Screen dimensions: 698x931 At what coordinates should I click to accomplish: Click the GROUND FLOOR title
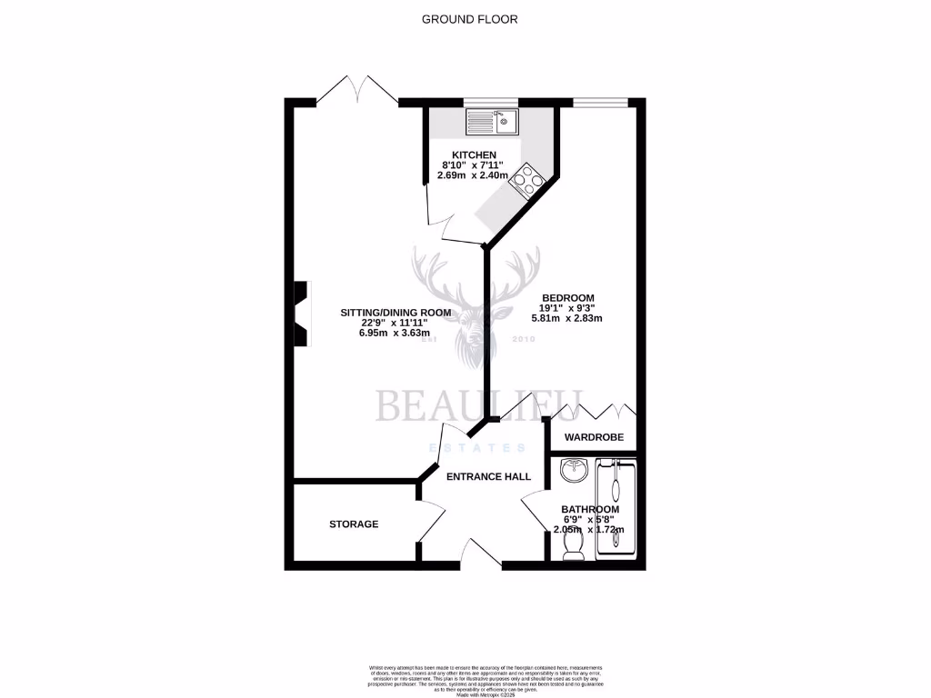470,18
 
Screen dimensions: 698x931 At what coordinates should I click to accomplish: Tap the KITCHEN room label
476,155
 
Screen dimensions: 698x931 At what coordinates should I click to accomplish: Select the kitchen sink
491,121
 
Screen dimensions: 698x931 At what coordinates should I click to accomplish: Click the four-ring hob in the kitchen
528,180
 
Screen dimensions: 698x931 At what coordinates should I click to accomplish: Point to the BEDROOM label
568,298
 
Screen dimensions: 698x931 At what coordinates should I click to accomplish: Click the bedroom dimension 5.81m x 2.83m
568,319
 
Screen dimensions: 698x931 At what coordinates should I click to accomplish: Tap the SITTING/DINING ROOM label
395,313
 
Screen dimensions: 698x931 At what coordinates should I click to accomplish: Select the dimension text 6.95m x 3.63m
395,333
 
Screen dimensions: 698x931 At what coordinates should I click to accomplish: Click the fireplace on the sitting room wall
301,313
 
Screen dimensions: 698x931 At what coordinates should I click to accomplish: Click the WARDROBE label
595,437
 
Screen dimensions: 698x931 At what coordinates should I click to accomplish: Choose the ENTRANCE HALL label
487,476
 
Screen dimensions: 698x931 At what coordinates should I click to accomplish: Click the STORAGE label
354,524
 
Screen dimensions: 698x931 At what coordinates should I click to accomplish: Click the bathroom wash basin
574,472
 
